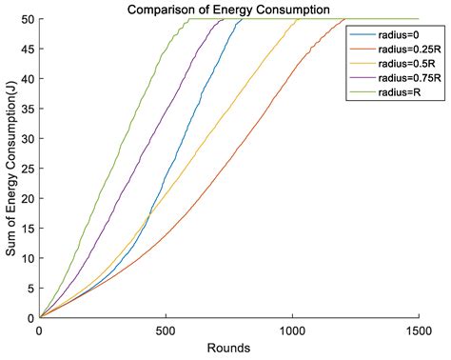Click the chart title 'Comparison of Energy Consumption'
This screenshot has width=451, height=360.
(228, 10)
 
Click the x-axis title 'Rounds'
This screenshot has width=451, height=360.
(228, 348)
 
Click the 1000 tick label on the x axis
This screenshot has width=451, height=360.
(292, 331)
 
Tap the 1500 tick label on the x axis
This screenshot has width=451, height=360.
(419, 331)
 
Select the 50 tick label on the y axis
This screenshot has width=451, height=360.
(28, 19)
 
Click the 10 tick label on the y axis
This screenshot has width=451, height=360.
(28, 258)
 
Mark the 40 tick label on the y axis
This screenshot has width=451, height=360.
(28, 79)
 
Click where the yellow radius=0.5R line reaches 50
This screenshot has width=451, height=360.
(299, 19)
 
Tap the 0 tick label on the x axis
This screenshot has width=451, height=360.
(39, 331)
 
